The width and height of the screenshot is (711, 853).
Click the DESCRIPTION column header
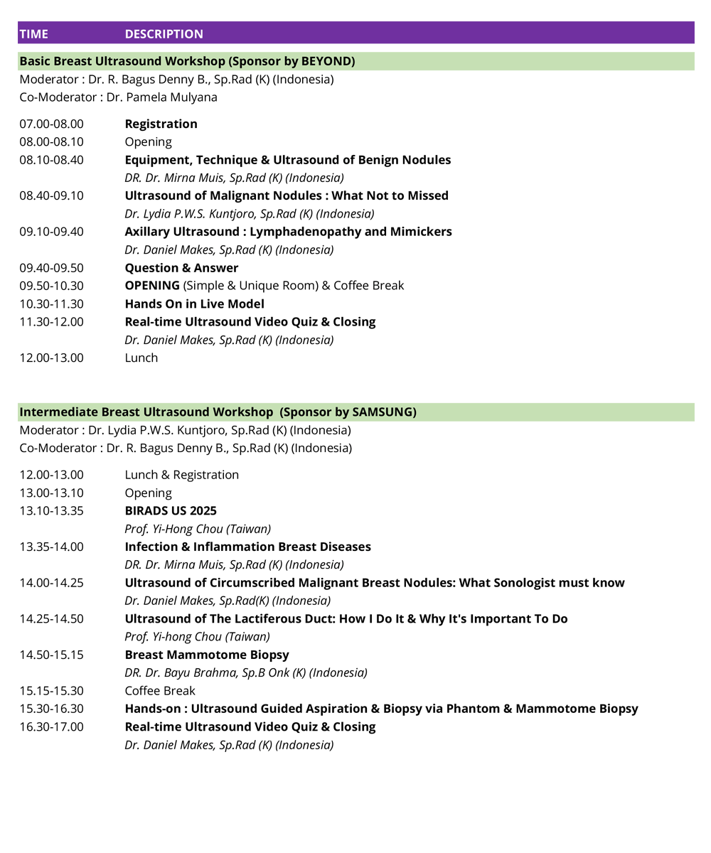pyautogui.click(x=164, y=34)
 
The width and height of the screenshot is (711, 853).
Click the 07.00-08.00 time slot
pyautogui.click(x=51, y=124)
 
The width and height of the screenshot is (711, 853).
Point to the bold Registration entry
pyautogui.click(x=161, y=124)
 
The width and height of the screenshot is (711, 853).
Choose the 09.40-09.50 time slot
pyautogui.click(x=51, y=268)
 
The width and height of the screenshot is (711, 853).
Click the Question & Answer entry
pyautogui.click(x=181, y=268)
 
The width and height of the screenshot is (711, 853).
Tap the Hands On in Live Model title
pyautogui.click(x=194, y=304)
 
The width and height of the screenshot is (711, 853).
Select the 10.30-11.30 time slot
pyautogui.click(x=51, y=304)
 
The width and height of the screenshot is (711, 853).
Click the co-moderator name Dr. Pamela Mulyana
pyautogui.click(x=162, y=97)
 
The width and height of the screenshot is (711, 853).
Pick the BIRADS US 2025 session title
pyautogui.click(x=171, y=511)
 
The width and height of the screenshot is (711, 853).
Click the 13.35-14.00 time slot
pyautogui.click(x=51, y=547)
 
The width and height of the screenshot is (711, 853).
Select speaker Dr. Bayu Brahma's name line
pyautogui.click(x=246, y=672)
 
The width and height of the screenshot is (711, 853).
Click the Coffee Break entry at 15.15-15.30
pyautogui.click(x=160, y=691)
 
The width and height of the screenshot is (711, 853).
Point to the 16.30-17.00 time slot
pyautogui.click(x=51, y=727)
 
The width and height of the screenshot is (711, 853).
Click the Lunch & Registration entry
pyautogui.click(x=181, y=475)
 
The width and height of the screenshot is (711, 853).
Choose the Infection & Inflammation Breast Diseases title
pyautogui.click(x=247, y=547)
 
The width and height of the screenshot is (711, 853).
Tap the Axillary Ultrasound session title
pyautogui.click(x=288, y=232)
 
